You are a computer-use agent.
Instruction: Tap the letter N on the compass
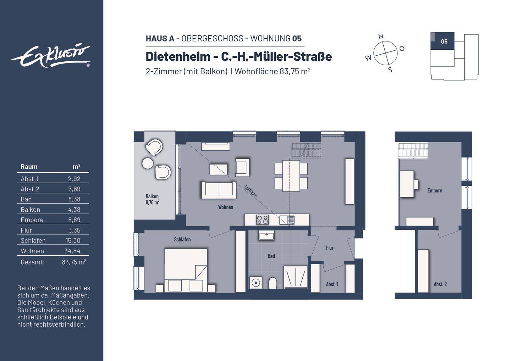click(381, 36)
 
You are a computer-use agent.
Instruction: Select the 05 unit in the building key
click(444, 41)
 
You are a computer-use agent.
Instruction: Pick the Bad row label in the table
click(26, 199)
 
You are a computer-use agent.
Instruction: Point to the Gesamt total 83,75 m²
click(74, 262)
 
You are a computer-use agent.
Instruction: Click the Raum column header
click(29, 167)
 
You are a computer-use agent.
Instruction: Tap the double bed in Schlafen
click(185, 270)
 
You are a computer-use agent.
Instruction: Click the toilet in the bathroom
click(273, 283)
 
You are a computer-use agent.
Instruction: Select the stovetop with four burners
click(262, 220)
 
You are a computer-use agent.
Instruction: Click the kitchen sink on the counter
click(286, 220)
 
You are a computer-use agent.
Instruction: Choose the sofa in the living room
click(219, 189)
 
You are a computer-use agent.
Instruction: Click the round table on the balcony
click(148, 163)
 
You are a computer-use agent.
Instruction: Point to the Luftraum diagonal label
click(251, 191)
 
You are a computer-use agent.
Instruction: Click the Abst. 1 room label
click(332, 284)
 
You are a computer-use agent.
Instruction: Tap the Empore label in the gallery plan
click(435, 190)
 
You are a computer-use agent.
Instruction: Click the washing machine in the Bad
click(255, 283)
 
